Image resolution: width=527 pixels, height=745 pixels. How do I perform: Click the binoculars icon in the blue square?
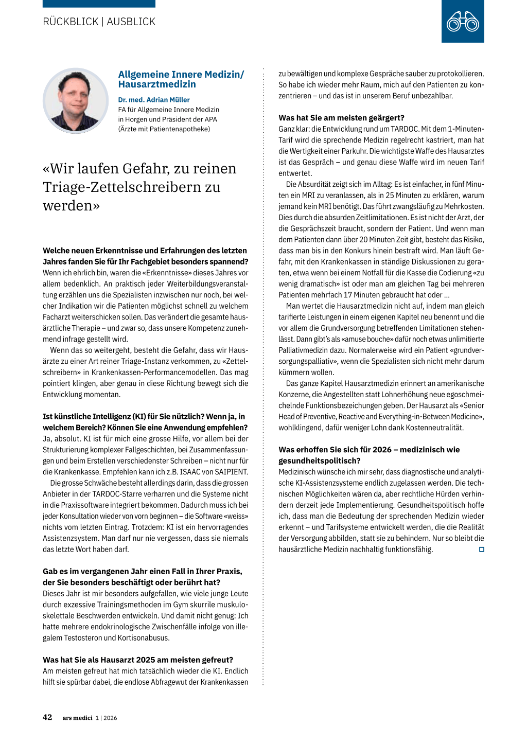click(463, 22)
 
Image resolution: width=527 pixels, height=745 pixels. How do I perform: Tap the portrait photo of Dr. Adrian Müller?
click(76, 101)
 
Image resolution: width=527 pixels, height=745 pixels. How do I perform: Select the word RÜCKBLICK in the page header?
click(71, 22)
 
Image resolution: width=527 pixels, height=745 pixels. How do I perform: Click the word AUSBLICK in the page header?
click(131, 22)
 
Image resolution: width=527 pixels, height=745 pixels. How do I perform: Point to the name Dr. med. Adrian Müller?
click(154, 100)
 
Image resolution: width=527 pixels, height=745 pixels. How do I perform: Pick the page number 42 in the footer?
click(47, 717)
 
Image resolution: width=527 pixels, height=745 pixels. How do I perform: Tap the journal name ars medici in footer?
click(77, 718)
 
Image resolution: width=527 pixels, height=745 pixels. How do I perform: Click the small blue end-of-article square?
click(482, 549)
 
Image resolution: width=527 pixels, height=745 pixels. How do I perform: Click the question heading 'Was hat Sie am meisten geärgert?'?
click(341, 118)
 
